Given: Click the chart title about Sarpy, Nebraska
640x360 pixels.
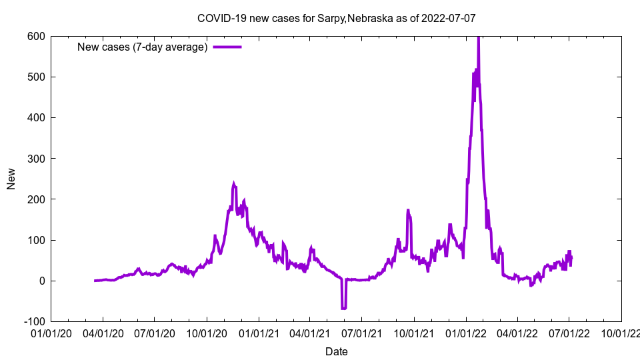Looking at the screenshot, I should point(336,18).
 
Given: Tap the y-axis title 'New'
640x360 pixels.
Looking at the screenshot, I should point(11,179).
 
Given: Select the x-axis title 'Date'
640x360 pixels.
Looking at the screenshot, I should point(336,351).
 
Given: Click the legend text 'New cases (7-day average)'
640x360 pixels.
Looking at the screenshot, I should point(143,47).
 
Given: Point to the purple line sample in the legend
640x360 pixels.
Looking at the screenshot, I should point(227,47).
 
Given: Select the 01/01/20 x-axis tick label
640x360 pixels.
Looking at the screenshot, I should point(51,331).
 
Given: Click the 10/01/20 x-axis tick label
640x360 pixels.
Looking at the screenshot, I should point(206,331).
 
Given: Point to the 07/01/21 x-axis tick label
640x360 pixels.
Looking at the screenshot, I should point(361,331).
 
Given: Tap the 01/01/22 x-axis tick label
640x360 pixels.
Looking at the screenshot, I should point(465,331).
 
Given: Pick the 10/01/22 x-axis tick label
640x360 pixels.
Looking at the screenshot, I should point(621,331).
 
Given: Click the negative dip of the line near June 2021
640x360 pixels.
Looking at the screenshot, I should point(344,308).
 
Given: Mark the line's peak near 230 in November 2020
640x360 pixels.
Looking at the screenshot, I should point(234,183).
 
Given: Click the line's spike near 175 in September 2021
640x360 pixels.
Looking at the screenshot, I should point(408,211).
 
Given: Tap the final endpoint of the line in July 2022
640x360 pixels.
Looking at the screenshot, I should point(571,257).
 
